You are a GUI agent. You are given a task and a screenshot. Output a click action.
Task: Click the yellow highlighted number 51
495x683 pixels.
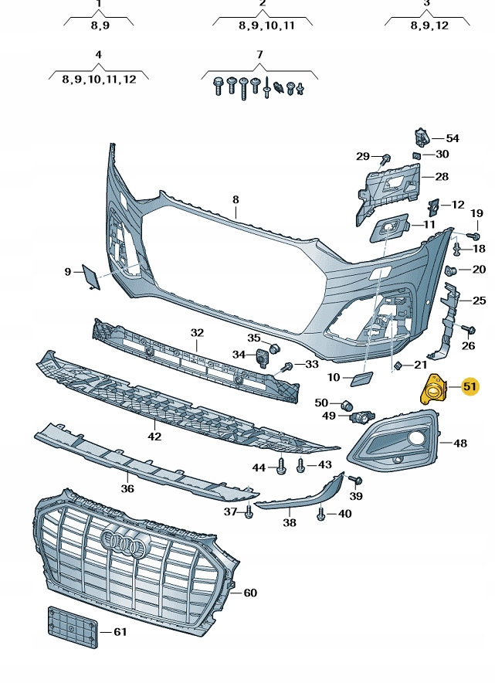click(x=470, y=386)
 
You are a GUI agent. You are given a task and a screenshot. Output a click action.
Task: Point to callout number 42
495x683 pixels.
click(x=155, y=437)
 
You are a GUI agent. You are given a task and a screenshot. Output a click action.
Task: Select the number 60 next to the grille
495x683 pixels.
click(x=249, y=593)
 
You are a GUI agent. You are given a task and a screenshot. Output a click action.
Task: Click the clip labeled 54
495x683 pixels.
click(x=422, y=138)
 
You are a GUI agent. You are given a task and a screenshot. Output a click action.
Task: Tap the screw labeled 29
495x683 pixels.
click(x=384, y=159)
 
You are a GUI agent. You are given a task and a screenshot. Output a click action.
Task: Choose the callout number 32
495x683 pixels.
click(x=197, y=333)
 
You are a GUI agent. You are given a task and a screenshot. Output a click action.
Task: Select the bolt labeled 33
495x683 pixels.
click(x=286, y=365)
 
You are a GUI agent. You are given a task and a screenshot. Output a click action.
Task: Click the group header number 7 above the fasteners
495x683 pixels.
click(x=259, y=55)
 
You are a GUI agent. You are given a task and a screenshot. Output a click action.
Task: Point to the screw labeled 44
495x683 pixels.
click(x=280, y=467)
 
